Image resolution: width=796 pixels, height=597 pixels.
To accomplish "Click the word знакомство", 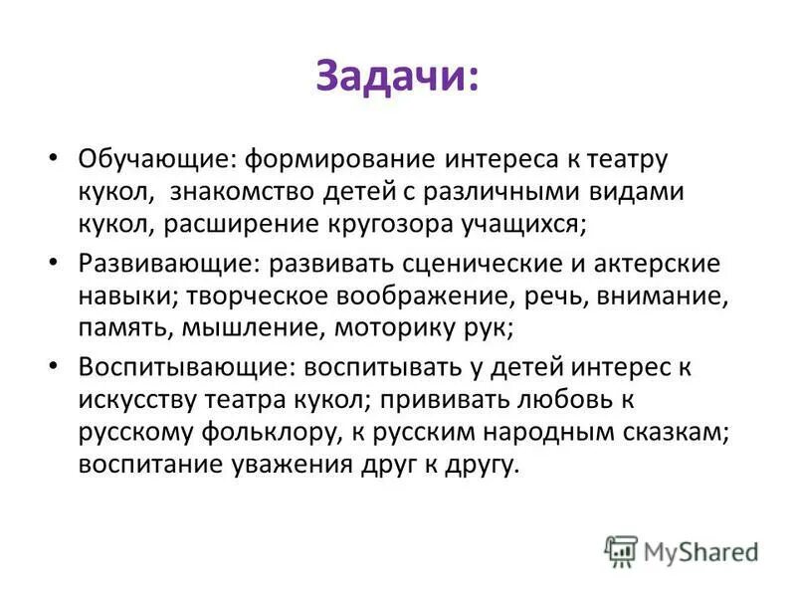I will (288, 191).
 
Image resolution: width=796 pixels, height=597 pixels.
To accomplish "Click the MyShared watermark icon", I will (620, 550).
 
